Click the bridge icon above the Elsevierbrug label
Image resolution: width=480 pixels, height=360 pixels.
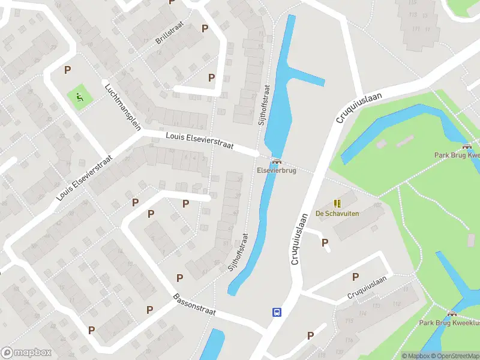tap(276, 160)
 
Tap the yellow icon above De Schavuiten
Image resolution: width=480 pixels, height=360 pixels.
tap(337, 203)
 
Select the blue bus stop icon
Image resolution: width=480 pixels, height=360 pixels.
tap(277, 312)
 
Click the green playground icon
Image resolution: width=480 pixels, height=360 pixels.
tap(79, 95)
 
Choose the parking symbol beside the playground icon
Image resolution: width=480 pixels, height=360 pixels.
tap(67, 70)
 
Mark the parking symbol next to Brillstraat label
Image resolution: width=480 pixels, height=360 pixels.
tap(205, 28)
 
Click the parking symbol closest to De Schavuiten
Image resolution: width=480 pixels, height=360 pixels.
tap(325, 242)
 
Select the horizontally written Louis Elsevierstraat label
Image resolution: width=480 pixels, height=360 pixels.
tap(200, 142)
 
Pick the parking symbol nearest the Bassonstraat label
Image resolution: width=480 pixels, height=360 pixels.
tap(179, 277)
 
